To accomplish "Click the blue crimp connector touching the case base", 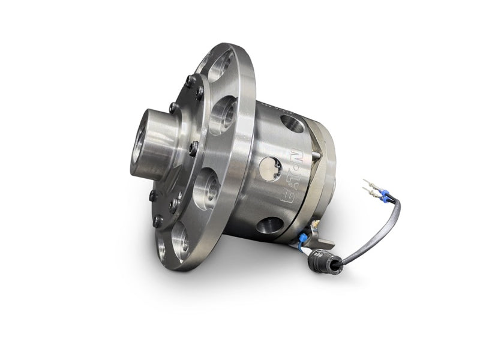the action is coord(304,236).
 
